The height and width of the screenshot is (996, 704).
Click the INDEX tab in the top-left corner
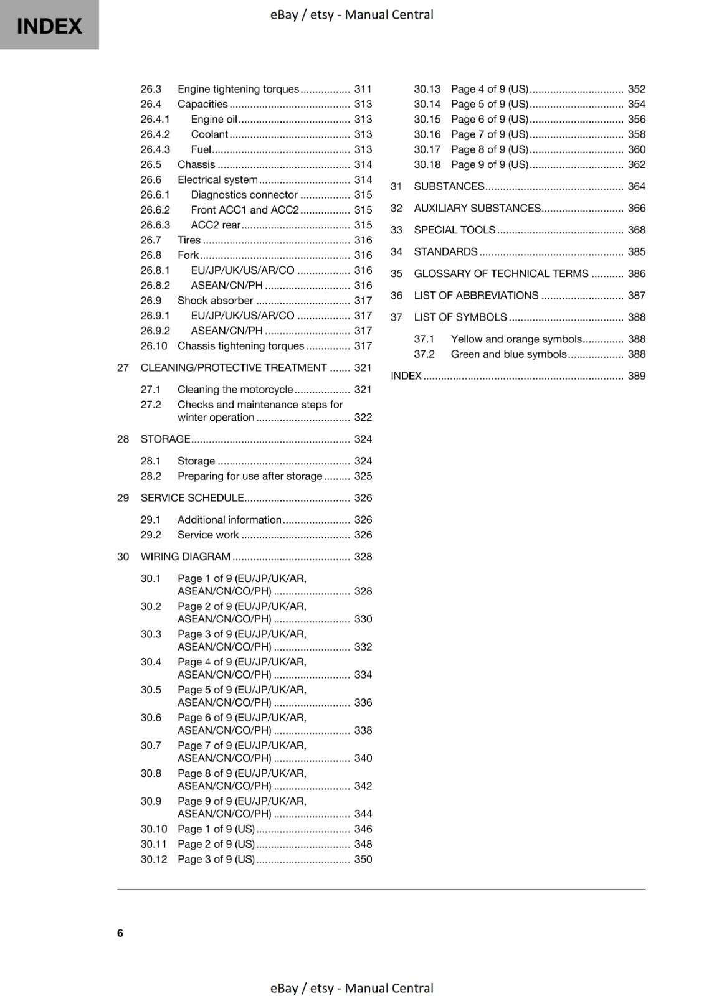tap(49, 26)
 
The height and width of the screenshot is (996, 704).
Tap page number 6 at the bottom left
tap(120, 933)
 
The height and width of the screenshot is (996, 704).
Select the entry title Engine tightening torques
tap(238, 89)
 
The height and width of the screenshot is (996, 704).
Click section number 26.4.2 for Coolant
tap(155, 134)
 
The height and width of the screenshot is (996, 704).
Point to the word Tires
tap(189, 240)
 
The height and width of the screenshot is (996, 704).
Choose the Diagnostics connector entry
tap(244, 195)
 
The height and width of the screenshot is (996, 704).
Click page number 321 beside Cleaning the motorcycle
tap(363, 390)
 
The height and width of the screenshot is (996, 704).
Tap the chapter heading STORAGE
tap(165, 439)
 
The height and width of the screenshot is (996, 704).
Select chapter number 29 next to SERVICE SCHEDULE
tap(123, 498)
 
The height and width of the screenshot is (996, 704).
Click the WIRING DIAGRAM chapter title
tap(185, 557)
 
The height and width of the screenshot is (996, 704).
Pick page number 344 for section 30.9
tap(363, 814)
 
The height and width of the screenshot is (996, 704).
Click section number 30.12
tap(154, 860)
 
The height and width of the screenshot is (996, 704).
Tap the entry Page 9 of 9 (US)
tap(489, 165)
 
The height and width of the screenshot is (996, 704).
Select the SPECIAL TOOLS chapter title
tap(454, 230)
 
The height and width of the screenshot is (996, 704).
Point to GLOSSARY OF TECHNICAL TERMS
tap(501, 274)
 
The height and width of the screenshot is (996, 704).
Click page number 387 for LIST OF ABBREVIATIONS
tap(636, 296)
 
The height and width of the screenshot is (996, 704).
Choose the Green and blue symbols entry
tap(508, 354)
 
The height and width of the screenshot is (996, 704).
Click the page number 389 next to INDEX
tap(636, 376)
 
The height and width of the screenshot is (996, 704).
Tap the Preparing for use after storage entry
tap(250, 476)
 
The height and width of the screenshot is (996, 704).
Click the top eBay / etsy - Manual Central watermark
tap(351, 14)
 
